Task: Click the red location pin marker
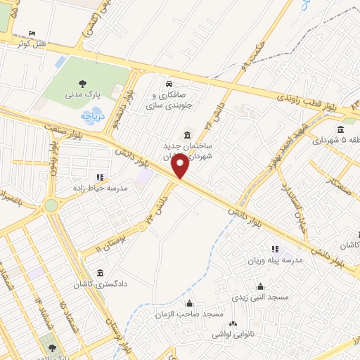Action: point(181,167)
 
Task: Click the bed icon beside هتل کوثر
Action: point(29,34)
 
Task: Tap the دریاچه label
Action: point(92,114)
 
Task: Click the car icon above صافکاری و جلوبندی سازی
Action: point(169,84)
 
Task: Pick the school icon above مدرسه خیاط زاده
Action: point(99,177)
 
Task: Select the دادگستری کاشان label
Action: point(103,285)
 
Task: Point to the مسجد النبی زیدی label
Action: point(262,297)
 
